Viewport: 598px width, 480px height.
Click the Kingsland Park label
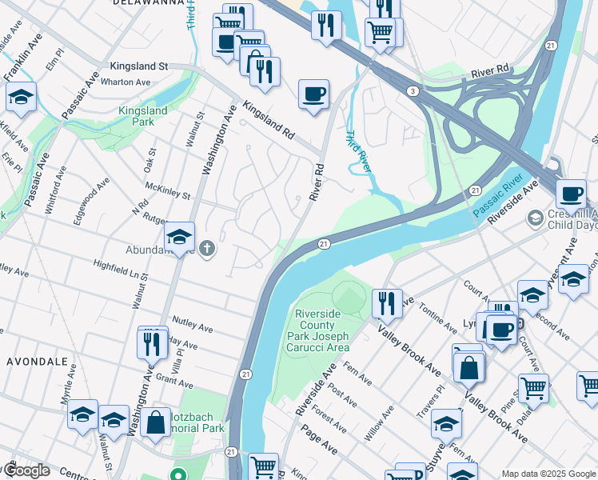click(142, 116)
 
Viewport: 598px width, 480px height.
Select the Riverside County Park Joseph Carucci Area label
click(321, 330)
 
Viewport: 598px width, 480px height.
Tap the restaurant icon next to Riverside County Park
click(387, 303)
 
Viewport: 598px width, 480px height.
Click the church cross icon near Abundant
click(208, 249)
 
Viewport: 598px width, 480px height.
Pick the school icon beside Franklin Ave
click(20, 98)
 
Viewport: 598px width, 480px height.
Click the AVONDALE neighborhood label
click(37, 362)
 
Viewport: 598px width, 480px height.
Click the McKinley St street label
click(168, 190)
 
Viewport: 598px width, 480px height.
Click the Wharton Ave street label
click(130, 82)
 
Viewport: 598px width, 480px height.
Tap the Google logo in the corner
click(26, 470)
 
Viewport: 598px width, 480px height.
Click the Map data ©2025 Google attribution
click(548, 474)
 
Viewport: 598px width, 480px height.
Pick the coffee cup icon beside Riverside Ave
click(572, 194)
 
